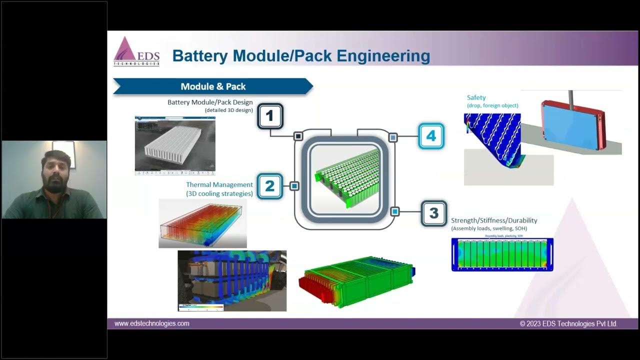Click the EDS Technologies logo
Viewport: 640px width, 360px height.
(136, 51)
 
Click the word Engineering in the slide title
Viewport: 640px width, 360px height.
(383, 55)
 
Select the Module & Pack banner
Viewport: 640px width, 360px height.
(213, 86)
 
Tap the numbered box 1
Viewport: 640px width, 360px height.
(270, 116)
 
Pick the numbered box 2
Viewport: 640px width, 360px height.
(269, 186)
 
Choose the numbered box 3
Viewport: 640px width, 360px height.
(433, 213)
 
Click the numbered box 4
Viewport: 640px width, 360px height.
(431, 135)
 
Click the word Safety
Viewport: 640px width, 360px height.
(476, 97)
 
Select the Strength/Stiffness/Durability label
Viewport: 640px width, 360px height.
(494, 220)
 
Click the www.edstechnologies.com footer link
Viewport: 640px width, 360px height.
(152, 323)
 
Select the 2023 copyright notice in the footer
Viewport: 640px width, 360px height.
(568, 324)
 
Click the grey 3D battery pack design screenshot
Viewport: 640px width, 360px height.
(175, 145)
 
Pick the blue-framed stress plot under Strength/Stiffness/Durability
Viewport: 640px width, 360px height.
(502, 254)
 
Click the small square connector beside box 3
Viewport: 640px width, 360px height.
(394, 211)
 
